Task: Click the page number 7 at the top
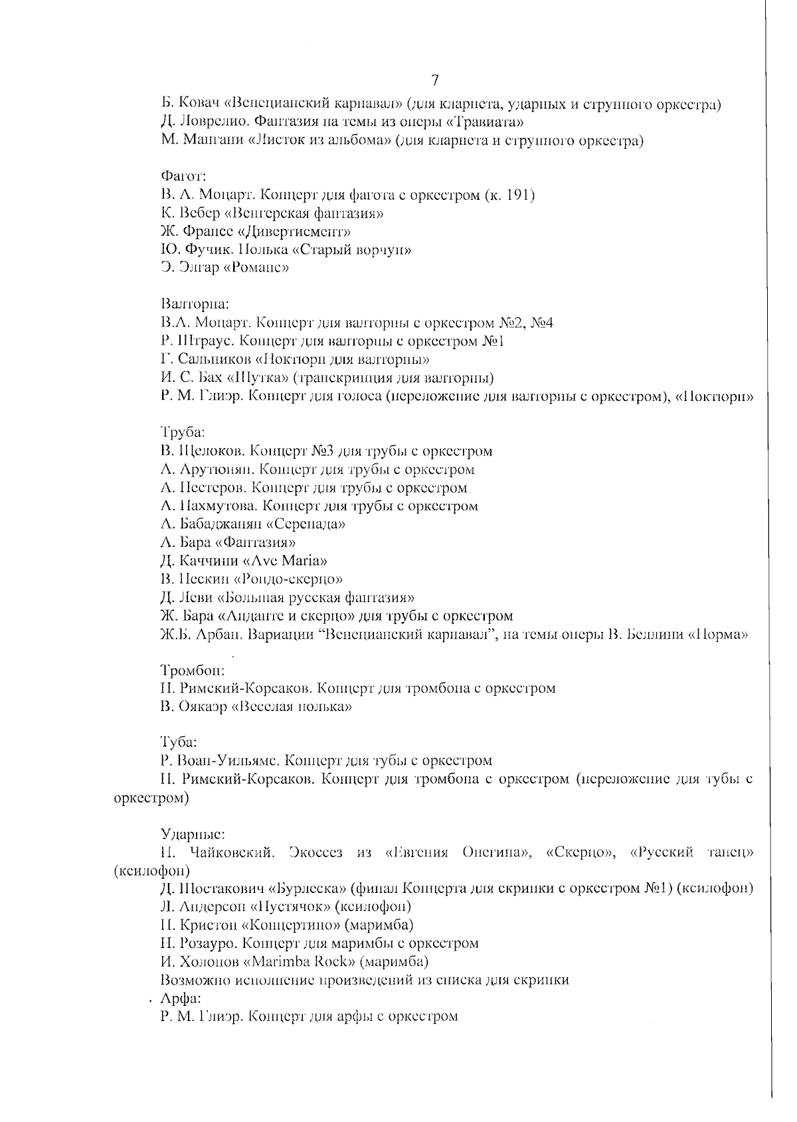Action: pyautogui.click(x=435, y=81)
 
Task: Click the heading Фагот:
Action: pyautogui.click(x=183, y=177)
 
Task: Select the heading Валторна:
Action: pyautogui.click(x=195, y=305)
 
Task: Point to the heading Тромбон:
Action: pyautogui.click(x=192, y=670)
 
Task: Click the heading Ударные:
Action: pyautogui.click(x=192, y=833)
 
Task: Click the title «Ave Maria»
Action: pyautogui.click(x=285, y=560)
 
